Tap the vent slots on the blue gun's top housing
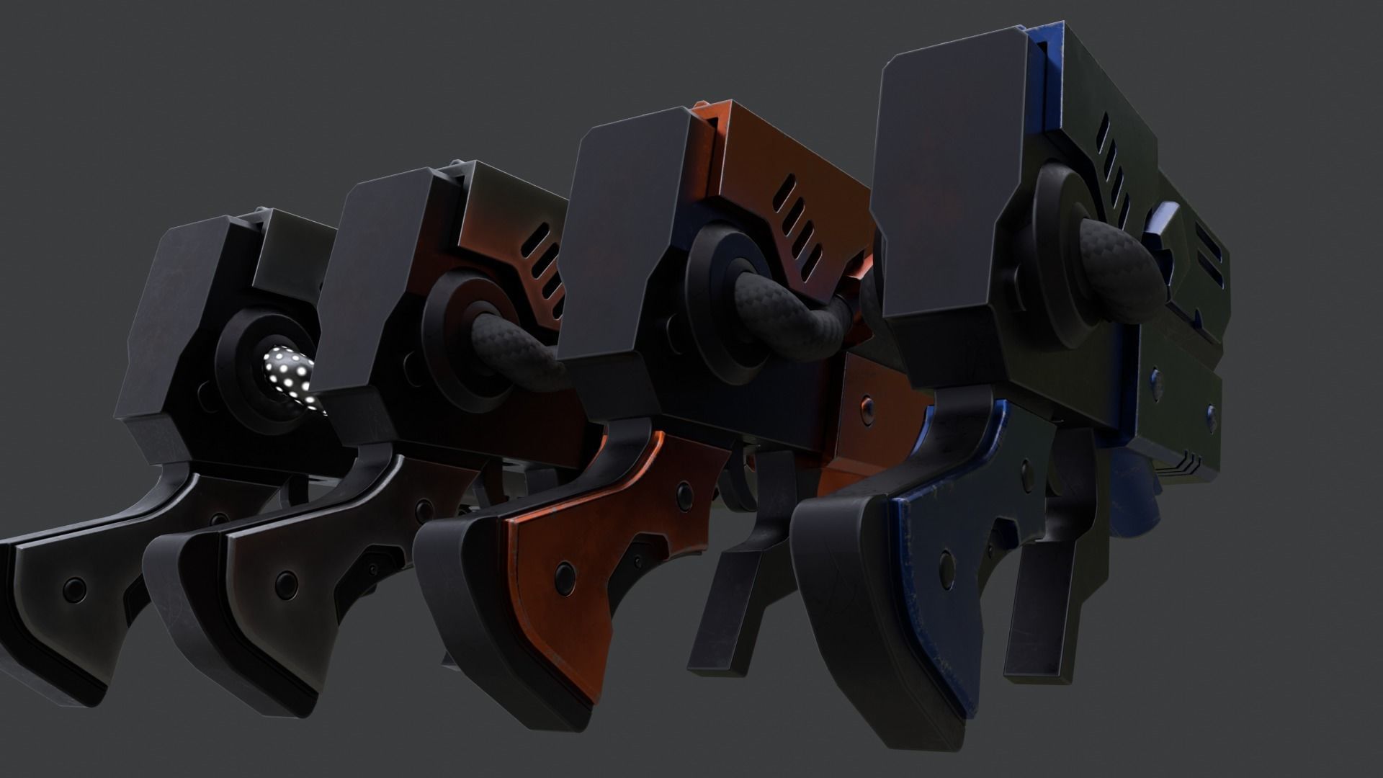click(1113, 176)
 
